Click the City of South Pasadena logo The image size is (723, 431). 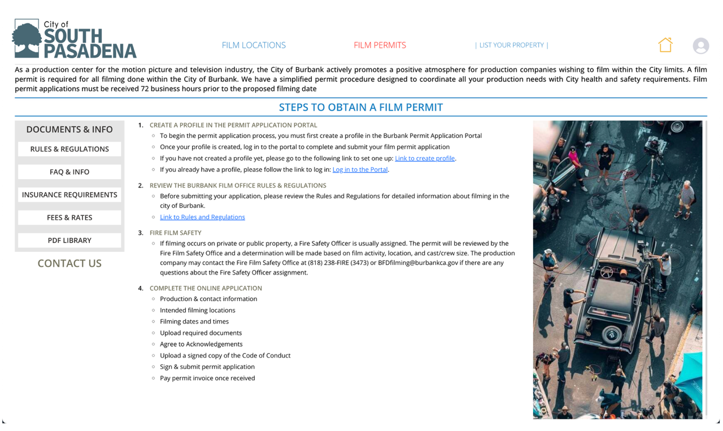click(74, 39)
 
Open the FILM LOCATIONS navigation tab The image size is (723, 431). click(254, 45)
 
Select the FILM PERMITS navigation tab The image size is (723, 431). click(380, 45)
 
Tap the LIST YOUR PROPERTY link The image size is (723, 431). click(511, 45)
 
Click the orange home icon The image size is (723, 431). click(665, 45)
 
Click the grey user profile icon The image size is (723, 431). click(700, 46)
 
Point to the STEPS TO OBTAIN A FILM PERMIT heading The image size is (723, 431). click(360, 107)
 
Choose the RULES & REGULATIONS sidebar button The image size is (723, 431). click(69, 149)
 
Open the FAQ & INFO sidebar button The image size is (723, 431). click(69, 172)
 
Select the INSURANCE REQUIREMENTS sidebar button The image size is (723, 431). click(69, 195)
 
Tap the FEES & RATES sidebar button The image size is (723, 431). click(69, 217)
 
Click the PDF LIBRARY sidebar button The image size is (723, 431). click(69, 241)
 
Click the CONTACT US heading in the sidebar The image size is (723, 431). click(69, 263)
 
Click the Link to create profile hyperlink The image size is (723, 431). click(425, 159)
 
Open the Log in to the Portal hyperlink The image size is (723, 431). click(360, 170)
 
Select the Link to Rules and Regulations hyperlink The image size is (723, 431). click(202, 217)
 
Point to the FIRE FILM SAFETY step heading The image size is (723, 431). click(175, 233)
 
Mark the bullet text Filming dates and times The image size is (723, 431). click(194, 322)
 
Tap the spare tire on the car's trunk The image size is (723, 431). click(611, 334)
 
